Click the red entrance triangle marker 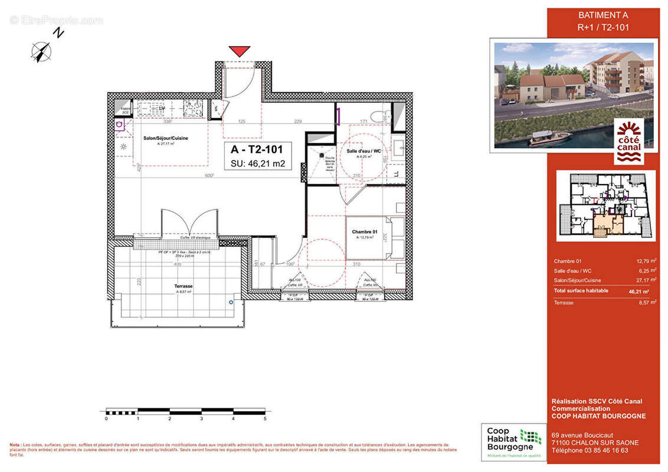239,51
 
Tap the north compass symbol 41,51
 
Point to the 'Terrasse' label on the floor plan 184,286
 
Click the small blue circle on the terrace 231,301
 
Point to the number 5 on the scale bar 265,418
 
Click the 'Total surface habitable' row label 581,291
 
